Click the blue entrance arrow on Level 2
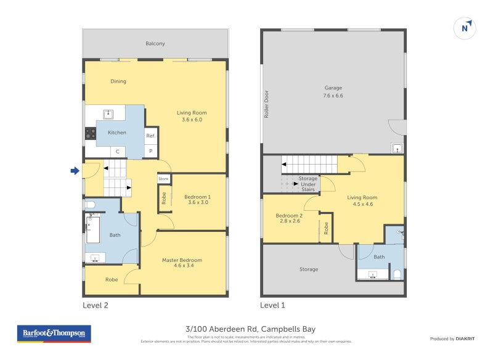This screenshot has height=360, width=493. coord(75,171)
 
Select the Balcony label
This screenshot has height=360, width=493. coord(155,44)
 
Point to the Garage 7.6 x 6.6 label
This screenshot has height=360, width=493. coord(333,92)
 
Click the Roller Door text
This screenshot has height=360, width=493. coord(267,104)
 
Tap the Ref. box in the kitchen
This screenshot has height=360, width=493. coord(151,136)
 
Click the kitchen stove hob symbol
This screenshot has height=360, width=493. coord(91,132)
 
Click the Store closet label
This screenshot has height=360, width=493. coord(163,179)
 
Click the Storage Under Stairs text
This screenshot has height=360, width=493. coord(308,184)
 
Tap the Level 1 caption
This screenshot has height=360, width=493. coord(272,305)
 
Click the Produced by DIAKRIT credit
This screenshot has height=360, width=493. coord(455,338)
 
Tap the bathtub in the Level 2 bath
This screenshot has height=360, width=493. coord(91,229)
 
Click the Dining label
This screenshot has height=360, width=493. coord(118,81)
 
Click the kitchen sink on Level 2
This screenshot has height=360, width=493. coord(108,113)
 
